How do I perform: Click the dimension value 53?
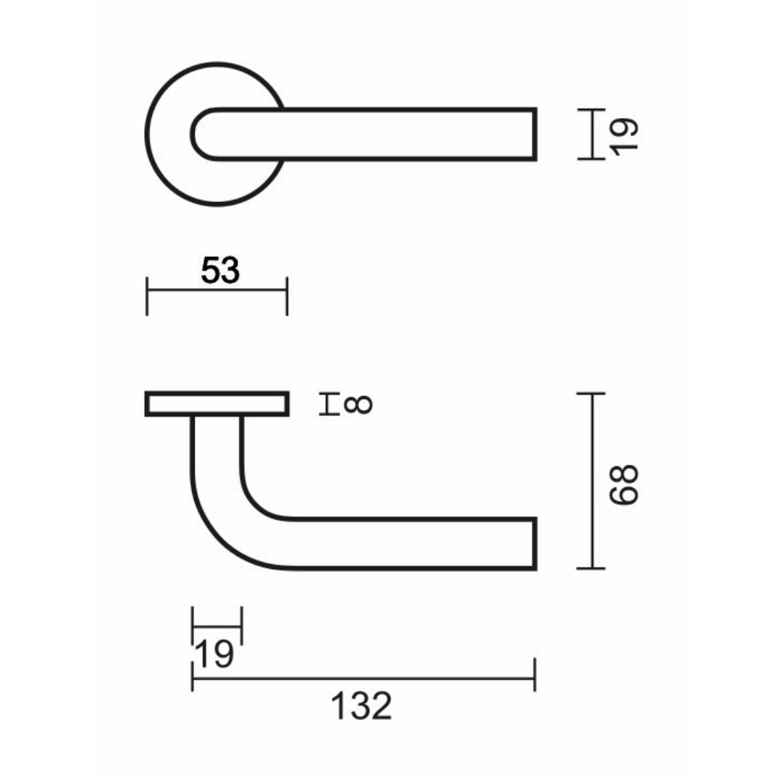220,271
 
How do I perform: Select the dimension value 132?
361,706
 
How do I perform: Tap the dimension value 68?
624,484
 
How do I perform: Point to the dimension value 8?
358,403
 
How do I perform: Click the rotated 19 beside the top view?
625,135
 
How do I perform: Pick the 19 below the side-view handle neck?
215,655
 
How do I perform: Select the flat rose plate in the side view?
217,404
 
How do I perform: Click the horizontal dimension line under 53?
217,290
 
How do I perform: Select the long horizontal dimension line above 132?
362,678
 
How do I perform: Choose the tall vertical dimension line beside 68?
592,481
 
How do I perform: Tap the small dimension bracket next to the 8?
329,404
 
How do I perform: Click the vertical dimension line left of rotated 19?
592,134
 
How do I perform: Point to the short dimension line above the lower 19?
216,626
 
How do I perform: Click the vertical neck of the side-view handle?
216,449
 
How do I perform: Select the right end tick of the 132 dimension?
534,675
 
